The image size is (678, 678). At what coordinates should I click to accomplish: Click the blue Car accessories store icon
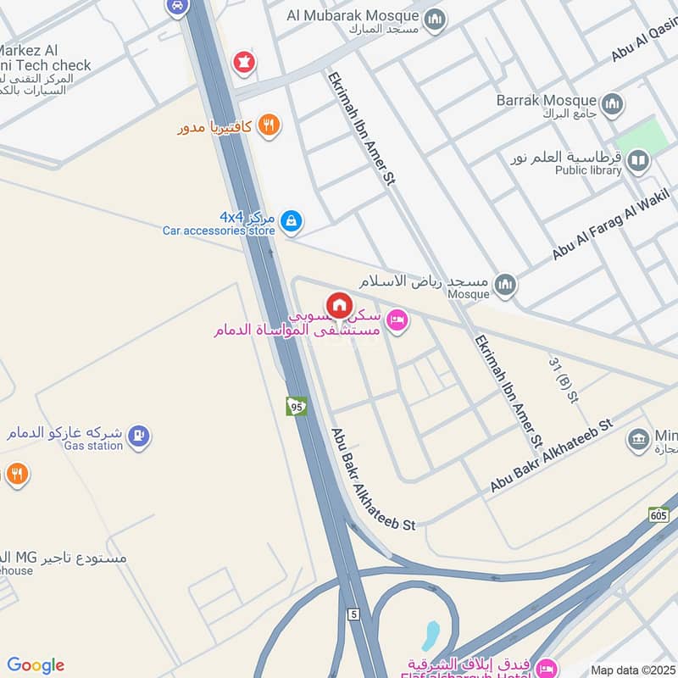pyautogui.click(x=292, y=221)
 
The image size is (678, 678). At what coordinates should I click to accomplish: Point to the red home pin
pyautogui.click(x=339, y=305)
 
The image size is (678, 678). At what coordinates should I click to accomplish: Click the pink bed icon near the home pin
pyautogui.click(x=396, y=320)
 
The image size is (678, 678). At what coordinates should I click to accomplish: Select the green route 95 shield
pyautogui.click(x=296, y=406)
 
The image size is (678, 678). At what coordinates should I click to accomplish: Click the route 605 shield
pyautogui.click(x=659, y=514)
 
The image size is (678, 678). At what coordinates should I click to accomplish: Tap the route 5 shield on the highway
pyautogui.click(x=351, y=614)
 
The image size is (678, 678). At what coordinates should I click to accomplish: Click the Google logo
pyautogui.click(x=36, y=665)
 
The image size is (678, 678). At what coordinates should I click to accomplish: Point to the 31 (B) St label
pyautogui.click(x=563, y=380)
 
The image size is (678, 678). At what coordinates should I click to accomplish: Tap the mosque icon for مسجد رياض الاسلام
pyautogui.click(x=505, y=286)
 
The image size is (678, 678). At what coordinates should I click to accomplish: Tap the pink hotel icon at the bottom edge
pyautogui.click(x=547, y=668)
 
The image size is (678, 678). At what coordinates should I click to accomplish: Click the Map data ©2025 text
pyautogui.click(x=632, y=670)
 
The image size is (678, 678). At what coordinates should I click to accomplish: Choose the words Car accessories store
pyautogui.click(x=219, y=231)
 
